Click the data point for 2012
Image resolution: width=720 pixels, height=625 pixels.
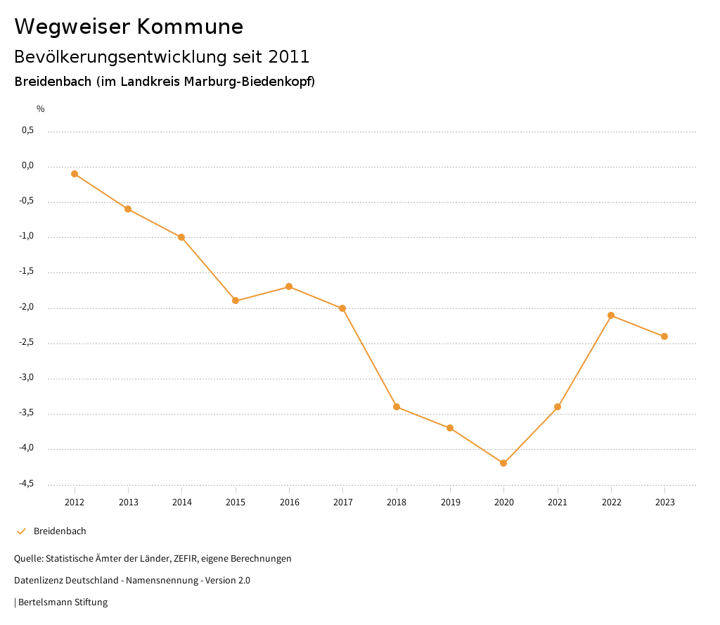(75, 174)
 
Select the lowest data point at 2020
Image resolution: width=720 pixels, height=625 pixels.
(503, 463)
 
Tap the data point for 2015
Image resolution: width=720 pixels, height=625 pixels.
(236, 301)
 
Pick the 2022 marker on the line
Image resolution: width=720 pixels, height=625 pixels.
(611, 315)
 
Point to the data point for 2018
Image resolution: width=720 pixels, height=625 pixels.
(397, 407)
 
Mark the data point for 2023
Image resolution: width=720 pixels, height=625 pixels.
(664, 336)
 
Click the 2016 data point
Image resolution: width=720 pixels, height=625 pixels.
(289, 286)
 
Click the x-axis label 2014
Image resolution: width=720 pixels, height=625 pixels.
(182, 503)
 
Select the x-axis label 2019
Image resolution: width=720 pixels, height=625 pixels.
(450, 503)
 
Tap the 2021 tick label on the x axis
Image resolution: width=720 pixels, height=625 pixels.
(558, 503)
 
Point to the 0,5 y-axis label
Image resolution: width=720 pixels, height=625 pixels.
(27, 130)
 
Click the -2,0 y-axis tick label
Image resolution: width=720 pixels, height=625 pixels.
(27, 308)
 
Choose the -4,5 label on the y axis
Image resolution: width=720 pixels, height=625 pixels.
(27, 484)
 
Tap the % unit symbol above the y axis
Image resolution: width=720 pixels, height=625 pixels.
(41, 109)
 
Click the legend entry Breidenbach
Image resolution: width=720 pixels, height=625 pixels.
(60, 531)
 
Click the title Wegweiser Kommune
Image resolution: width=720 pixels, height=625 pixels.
(129, 27)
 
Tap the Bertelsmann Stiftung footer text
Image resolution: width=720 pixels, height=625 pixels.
(63, 602)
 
